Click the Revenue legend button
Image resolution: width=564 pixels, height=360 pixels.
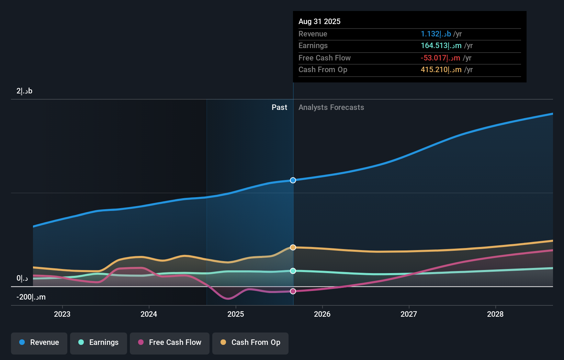[x=39, y=342]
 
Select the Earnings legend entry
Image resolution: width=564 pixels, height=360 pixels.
[x=99, y=342]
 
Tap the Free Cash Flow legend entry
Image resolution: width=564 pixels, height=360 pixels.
[x=170, y=342]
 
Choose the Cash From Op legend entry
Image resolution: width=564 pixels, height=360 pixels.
[x=250, y=342]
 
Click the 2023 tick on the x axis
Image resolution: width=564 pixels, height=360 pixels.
[x=62, y=314]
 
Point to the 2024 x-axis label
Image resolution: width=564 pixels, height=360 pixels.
[x=149, y=314]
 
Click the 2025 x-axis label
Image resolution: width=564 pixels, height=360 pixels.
[x=236, y=314]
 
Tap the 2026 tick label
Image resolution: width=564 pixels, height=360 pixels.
[x=322, y=314]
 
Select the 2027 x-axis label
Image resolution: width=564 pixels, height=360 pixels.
[x=409, y=314]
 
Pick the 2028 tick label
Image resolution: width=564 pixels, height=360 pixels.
[x=495, y=314]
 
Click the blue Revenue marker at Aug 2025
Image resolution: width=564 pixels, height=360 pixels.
[x=293, y=180]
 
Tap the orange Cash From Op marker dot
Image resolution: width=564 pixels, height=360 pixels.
[x=293, y=247]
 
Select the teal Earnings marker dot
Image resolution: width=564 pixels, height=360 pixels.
[x=293, y=271]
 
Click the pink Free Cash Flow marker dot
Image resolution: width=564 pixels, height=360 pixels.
[x=293, y=291]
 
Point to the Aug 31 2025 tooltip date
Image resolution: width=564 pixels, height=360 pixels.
[x=319, y=21]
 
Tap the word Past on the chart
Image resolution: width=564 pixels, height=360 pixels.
[x=279, y=108]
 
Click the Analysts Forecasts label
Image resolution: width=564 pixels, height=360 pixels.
[x=331, y=108]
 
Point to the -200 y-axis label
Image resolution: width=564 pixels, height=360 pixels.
[x=31, y=297]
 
